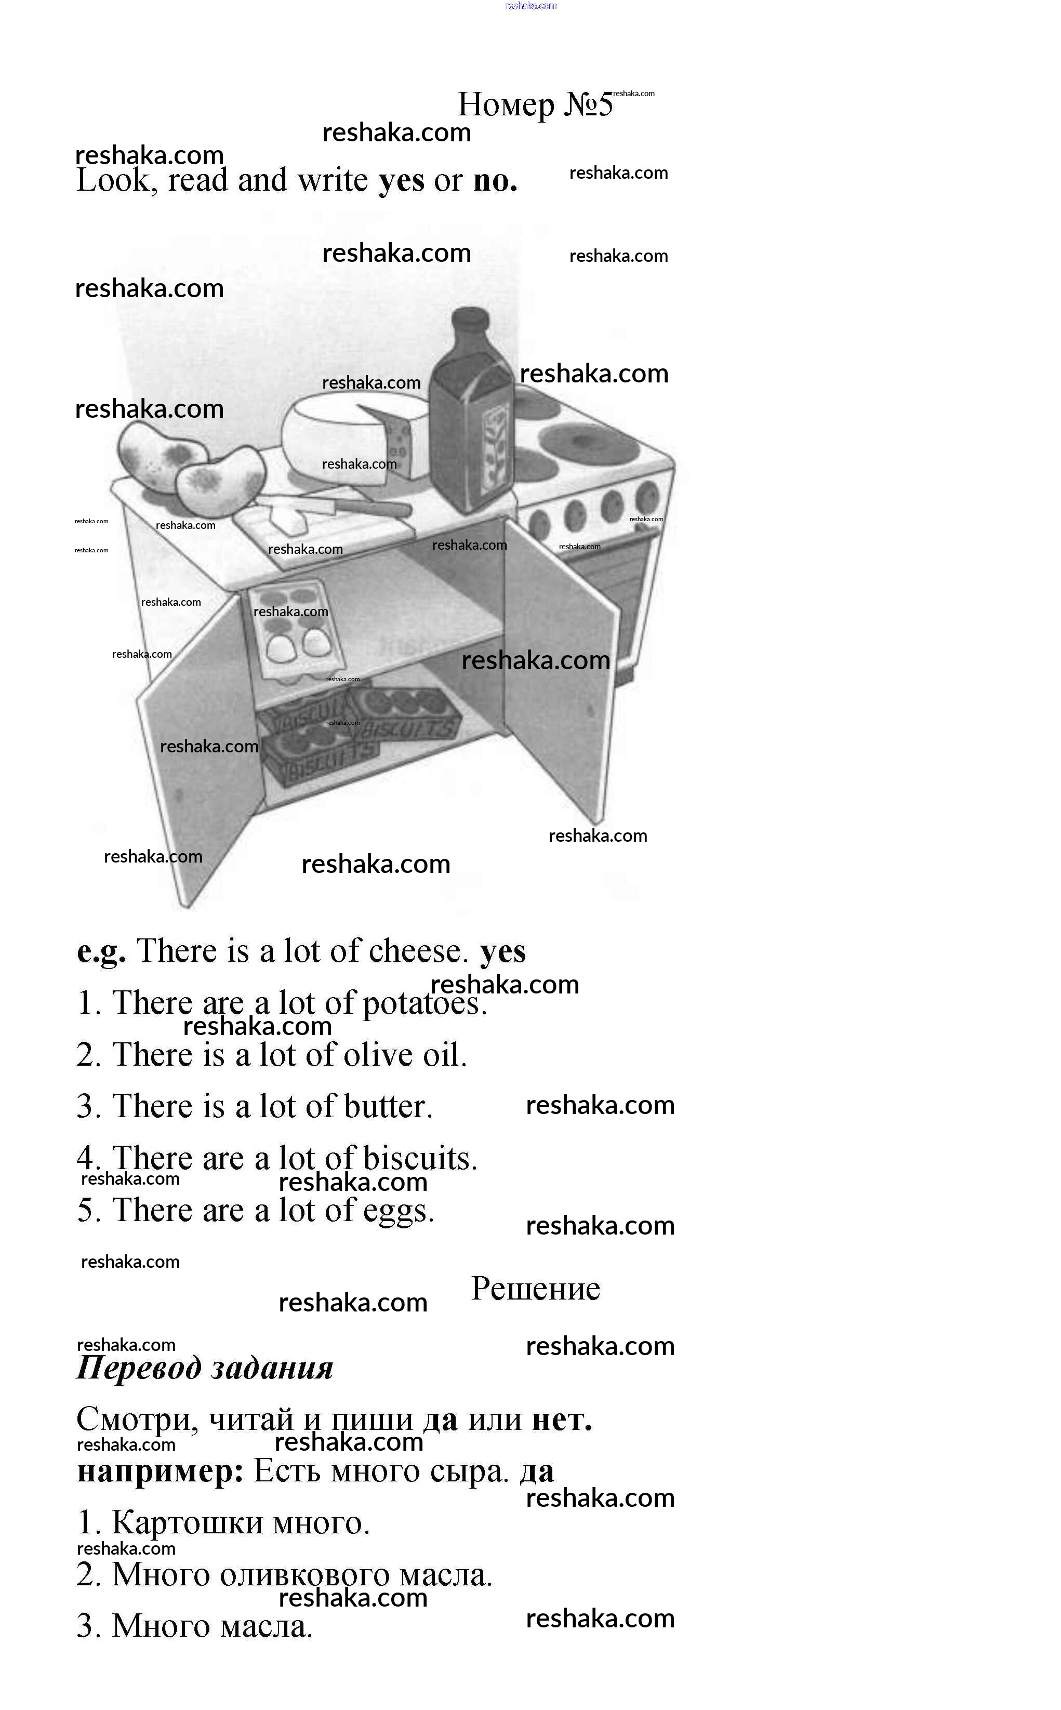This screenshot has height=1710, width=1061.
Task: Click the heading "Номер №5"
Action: [535, 104]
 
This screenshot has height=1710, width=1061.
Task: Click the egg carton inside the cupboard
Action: [296, 630]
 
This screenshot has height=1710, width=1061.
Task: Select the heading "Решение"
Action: [535, 1288]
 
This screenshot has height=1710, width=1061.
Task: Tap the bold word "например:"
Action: [160, 1472]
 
